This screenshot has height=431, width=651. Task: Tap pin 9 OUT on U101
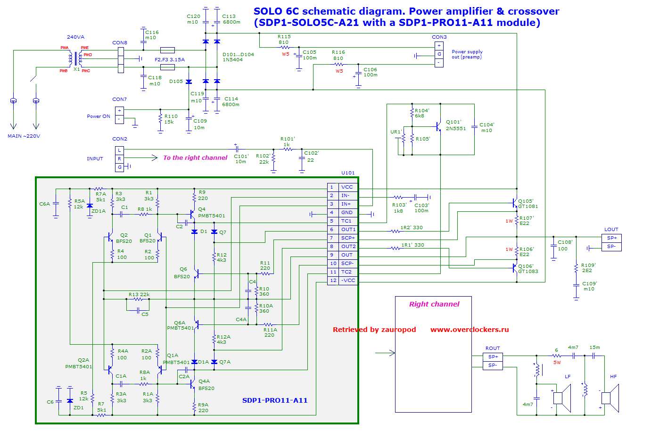pyautogui.click(x=347, y=255)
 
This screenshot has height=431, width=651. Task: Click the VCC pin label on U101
pyautogui.click(x=347, y=187)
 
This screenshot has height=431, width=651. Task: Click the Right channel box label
pyautogui.click(x=434, y=304)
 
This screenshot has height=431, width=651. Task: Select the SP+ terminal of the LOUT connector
pyautogui.click(x=611, y=238)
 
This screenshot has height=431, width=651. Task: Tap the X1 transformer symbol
pyautogui.click(x=75, y=59)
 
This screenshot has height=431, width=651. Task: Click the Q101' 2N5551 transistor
pyautogui.click(x=438, y=126)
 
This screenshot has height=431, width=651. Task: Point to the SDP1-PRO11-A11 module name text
pyautogui.click(x=274, y=400)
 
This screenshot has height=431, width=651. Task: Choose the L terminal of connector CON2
pyautogui.click(x=120, y=150)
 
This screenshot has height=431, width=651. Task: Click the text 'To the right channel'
pyautogui.click(x=195, y=158)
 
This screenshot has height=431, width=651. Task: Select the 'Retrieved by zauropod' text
pyautogui.click(x=374, y=330)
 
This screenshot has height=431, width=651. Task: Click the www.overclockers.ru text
pyautogui.click(x=469, y=330)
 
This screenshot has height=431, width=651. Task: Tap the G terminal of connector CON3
pyautogui.click(x=439, y=54)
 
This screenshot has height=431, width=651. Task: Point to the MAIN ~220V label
pyautogui.click(x=24, y=136)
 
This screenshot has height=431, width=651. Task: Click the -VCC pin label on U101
pyautogui.click(x=348, y=281)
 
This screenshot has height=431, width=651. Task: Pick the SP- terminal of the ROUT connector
pyautogui.click(x=493, y=365)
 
